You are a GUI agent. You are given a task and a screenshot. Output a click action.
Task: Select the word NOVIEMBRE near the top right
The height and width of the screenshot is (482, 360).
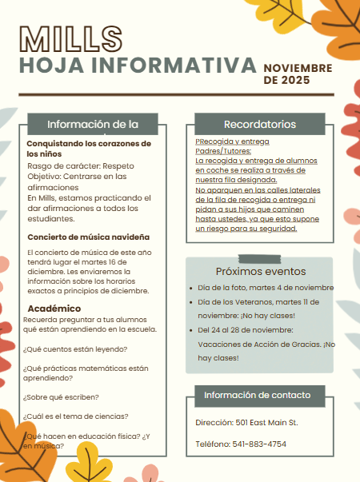[297, 69]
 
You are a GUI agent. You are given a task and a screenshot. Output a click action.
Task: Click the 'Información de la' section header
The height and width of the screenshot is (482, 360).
[93, 124]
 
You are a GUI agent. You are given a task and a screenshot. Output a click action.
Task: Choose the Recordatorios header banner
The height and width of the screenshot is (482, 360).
[260, 124]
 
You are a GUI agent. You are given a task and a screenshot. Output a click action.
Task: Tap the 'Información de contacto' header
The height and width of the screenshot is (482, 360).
[260, 395]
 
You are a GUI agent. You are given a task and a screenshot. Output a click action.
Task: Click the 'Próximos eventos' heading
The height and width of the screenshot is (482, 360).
[260, 271]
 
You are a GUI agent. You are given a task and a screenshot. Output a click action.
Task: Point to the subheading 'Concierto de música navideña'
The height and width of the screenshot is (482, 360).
[89, 237]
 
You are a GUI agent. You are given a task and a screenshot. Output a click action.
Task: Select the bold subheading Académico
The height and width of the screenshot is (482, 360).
[54, 308]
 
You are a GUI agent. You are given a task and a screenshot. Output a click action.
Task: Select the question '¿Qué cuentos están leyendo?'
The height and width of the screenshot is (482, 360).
[76, 349]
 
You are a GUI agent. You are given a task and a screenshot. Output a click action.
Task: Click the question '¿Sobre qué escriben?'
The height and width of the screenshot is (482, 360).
[62, 396]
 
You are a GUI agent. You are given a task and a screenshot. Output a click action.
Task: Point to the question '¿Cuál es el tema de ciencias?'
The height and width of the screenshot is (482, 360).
[77, 416]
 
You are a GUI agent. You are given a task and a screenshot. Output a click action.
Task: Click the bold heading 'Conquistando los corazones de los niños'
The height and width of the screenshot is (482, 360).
[88, 147]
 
